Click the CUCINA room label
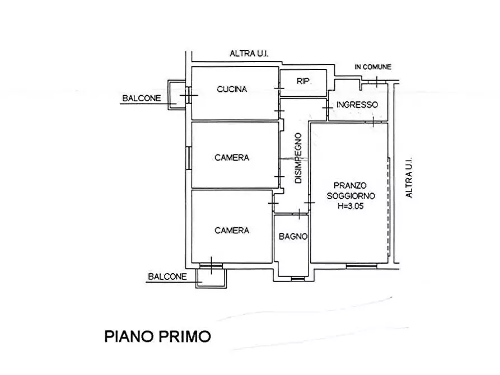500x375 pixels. (x=232, y=89)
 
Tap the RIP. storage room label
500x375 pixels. (x=303, y=81)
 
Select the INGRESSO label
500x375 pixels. (x=357, y=105)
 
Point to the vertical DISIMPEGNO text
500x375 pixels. (x=298, y=158)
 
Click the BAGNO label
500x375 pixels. (x=293, y=236)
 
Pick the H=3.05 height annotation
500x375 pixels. (x=351, y=205)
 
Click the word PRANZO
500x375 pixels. (x=350, y=185)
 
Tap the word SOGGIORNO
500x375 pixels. (x=351, y=195)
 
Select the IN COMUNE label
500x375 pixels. (x=373, y=67)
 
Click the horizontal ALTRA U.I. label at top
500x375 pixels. (x=249, y=54)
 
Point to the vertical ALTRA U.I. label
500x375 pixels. (x=409, y=176)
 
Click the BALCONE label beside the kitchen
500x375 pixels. (x=141, y=99)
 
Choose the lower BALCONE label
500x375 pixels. (x=167, y=276)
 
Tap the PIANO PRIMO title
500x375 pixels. (x=158, y=336)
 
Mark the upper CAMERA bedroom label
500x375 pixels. (x=232, y=158)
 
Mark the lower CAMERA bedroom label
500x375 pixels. (x=232, y=230)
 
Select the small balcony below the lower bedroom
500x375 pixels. (x=211, y=275)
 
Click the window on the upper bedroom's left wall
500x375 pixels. (x=189, y=157)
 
